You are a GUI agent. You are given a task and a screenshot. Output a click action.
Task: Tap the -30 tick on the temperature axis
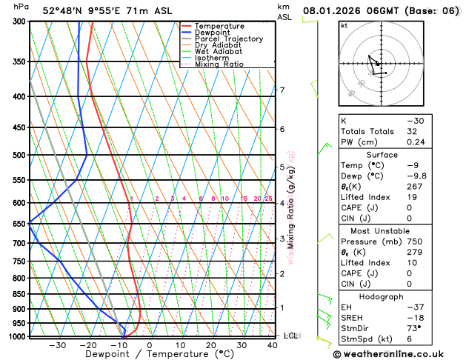(x=57, y=345)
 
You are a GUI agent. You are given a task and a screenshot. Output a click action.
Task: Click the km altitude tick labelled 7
(x=282, y=90)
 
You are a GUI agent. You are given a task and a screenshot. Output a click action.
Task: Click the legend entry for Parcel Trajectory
(x=228, y=39)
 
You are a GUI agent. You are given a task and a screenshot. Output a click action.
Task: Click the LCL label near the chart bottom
(x=290, y=336)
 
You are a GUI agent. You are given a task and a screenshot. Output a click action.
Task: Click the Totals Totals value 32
(x=411, y=131)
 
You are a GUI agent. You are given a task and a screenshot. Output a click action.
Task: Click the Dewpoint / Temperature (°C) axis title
(x=148, y=355)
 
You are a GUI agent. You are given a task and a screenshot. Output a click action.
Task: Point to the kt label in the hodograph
(x=344, y=25)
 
